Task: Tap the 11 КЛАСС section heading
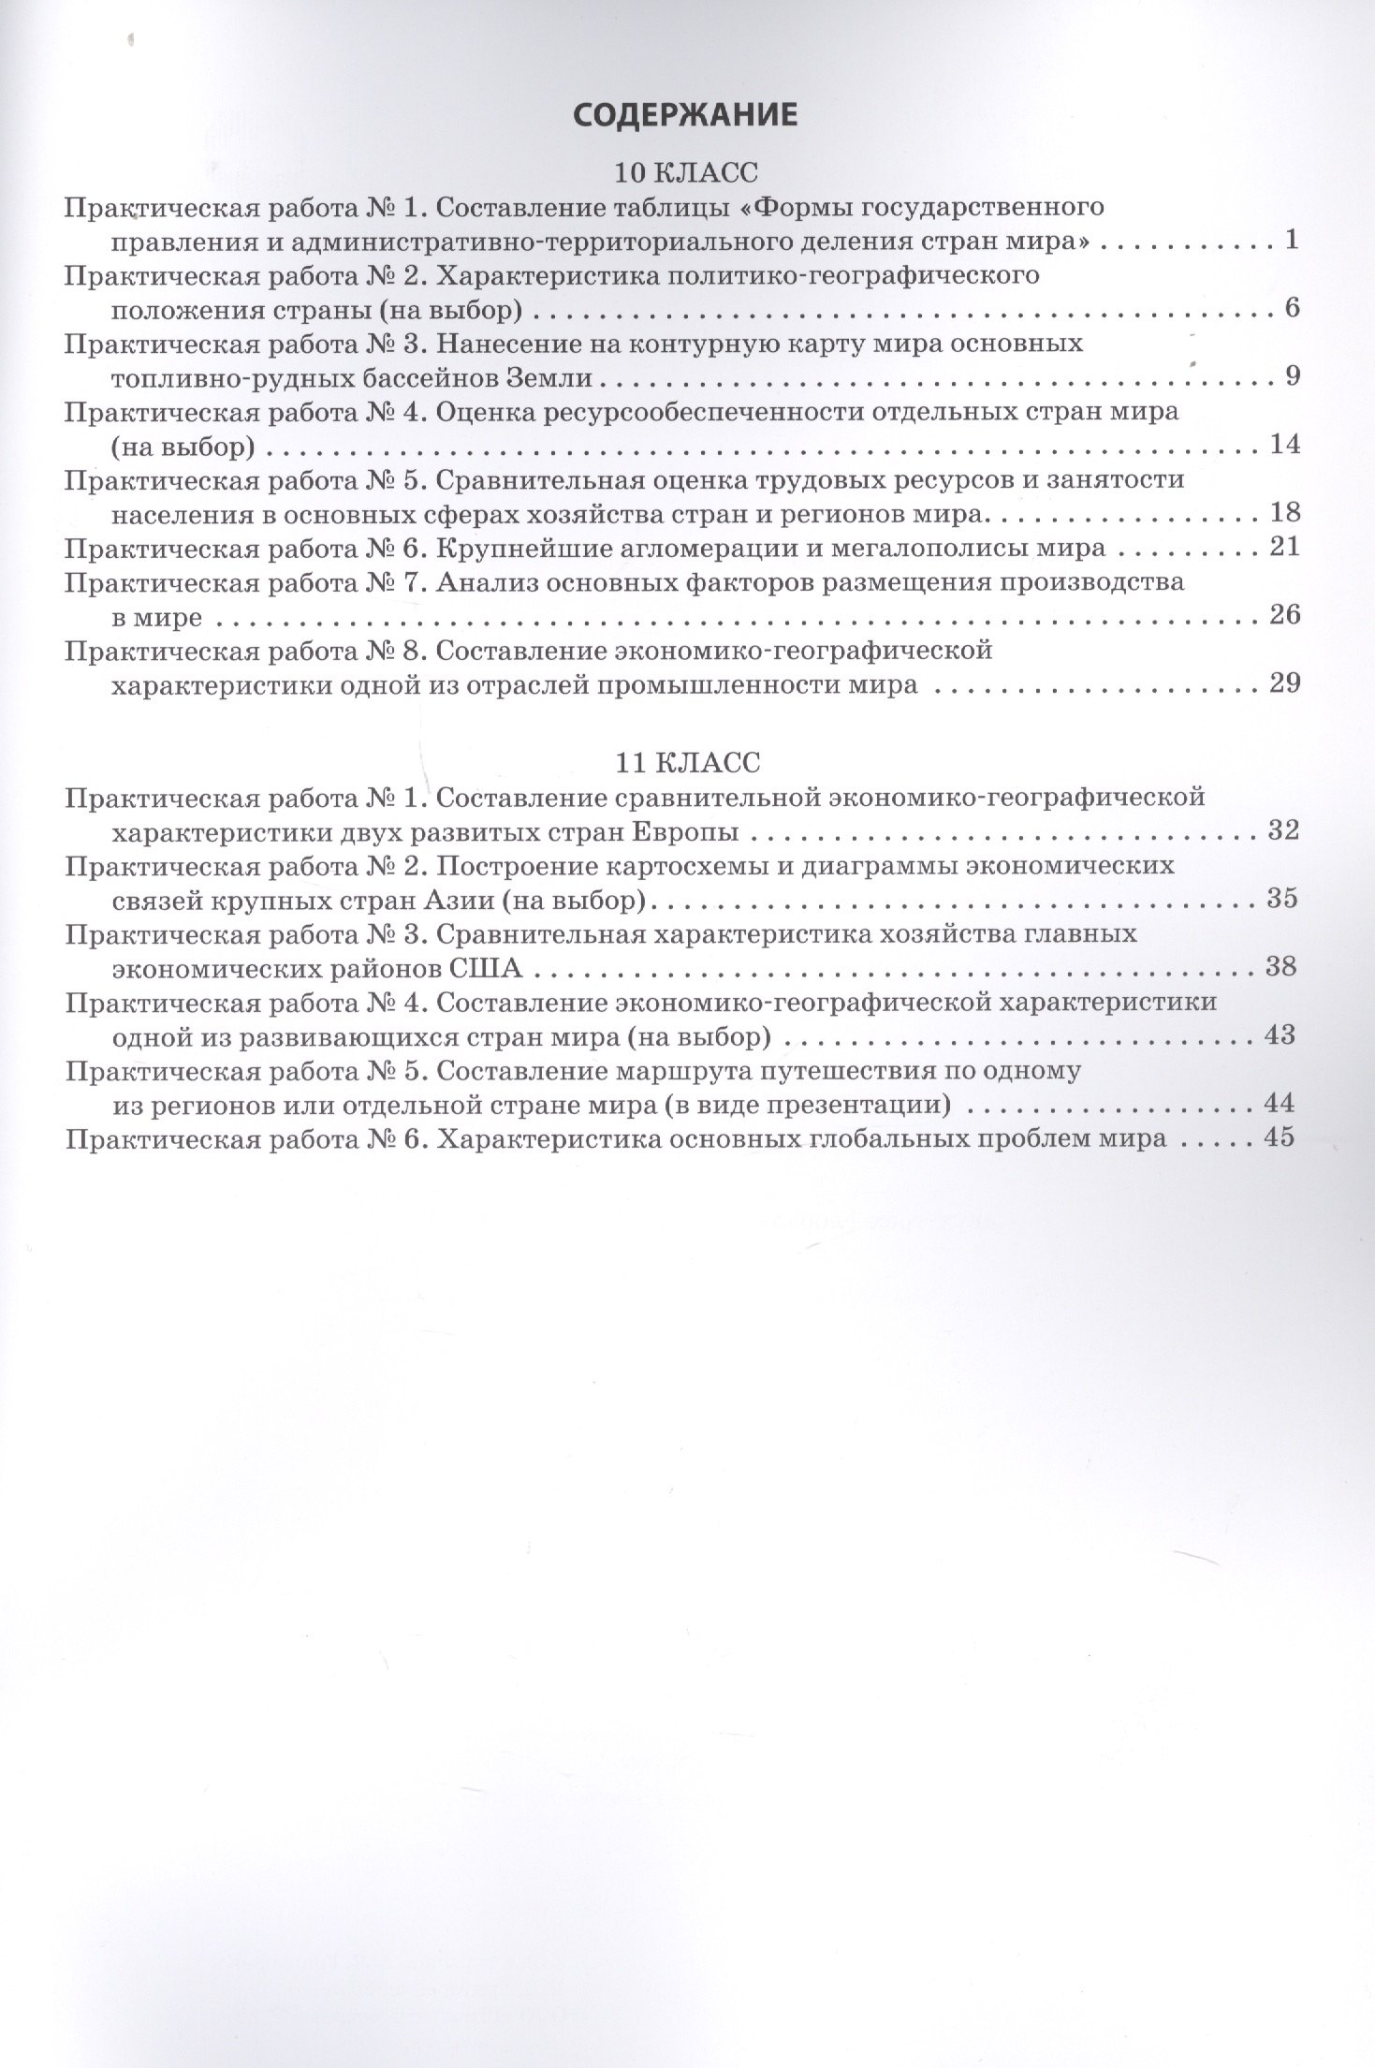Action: pos(687,761)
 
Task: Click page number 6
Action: pos(1293,308)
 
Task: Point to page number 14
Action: pos(1284,444)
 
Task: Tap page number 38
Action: pos(1280,965)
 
